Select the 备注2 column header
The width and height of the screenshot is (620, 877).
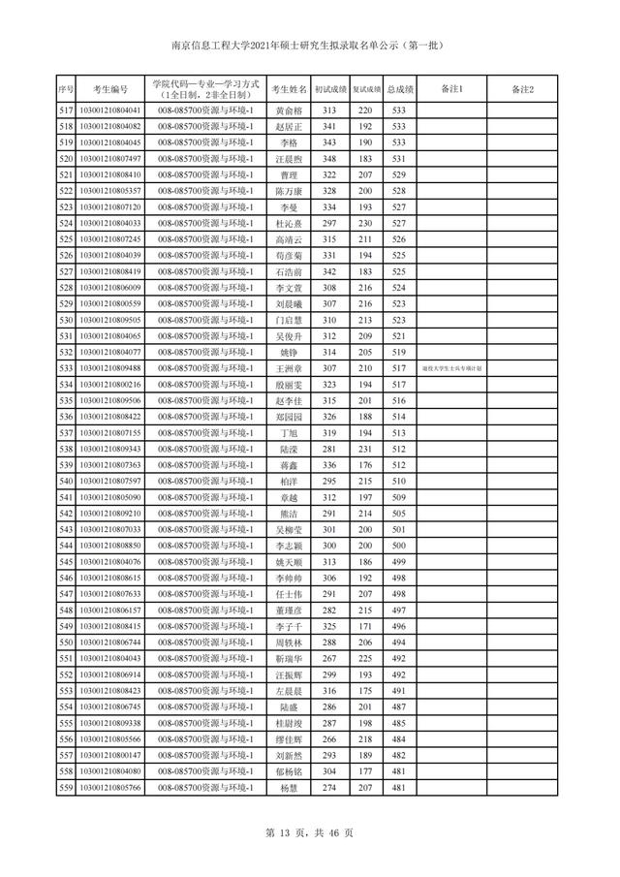(522, 90)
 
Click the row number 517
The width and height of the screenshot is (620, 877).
(66, 111)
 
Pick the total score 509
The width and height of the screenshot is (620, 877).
(398, 497)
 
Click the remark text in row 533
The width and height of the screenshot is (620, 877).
(452, 368)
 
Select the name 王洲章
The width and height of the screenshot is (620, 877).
(288, 368)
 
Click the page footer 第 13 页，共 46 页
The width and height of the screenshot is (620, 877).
(310, 832)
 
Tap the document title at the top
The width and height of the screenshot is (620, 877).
(310, 45)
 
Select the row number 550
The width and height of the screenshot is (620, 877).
(66, 642)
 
